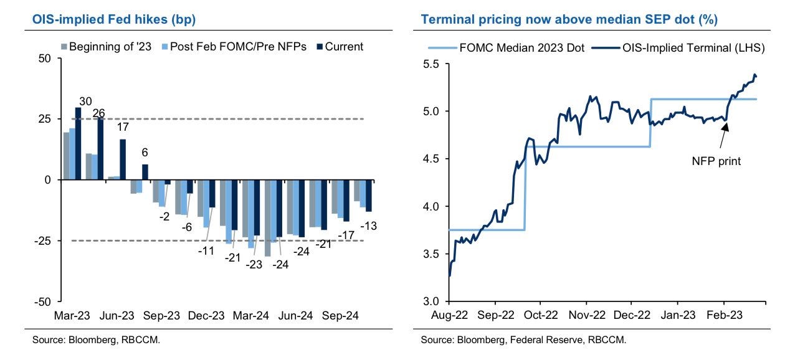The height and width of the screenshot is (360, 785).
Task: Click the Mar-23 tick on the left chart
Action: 74,315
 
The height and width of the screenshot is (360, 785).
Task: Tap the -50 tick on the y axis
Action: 45,301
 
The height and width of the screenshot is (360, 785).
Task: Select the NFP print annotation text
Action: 716,160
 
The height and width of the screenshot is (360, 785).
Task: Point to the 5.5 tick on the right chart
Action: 433,64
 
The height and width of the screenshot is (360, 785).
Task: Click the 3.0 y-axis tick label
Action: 433,301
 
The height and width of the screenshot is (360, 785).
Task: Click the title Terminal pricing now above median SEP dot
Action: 569,19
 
